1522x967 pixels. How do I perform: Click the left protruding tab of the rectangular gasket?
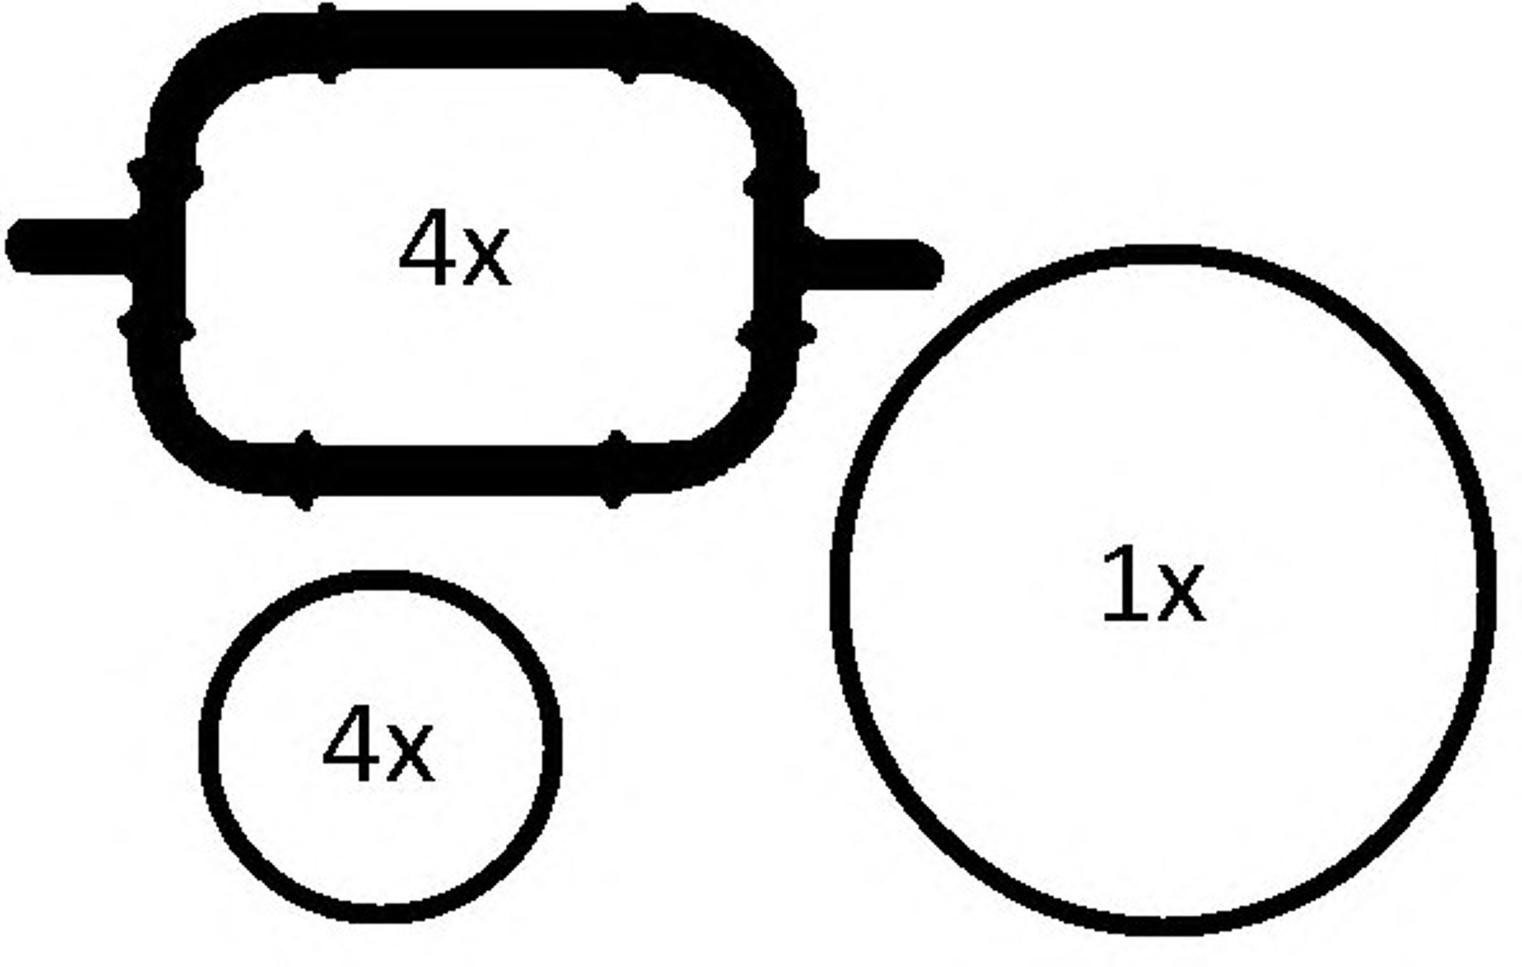pyautogui.click(x=70, y=247)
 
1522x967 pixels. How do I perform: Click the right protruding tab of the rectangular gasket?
pyautogui.click(x=872, y=263)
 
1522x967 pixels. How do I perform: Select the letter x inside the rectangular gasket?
pyautogui.click(x=487, y=258)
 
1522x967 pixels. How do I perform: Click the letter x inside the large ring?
pyautogui.click(x=1182, y=594)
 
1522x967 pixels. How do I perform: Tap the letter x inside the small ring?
pyautogui.click(x=410, y=754)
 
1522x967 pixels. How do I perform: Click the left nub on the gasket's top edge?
pyautogui.click(x=327, y=43)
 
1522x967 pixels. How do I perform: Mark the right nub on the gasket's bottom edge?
pyautogui.click(x=614, y=470)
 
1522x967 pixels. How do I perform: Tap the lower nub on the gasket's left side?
pyautogui.click(x=157, y=326)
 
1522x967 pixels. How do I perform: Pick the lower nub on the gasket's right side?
pyautogui.click(x=776, y=333)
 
